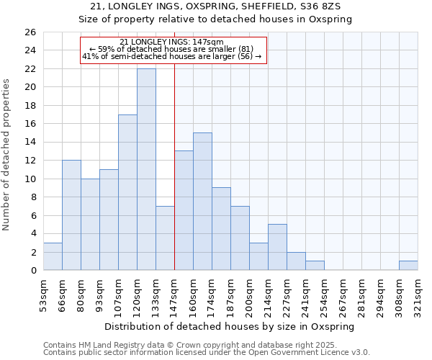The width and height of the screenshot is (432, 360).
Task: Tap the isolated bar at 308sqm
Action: coord(408,266)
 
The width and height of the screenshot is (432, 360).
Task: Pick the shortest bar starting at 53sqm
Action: coord(53,256)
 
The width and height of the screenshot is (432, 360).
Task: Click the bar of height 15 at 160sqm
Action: coord(202,202)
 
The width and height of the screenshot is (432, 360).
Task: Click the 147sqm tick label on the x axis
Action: coord(175,294)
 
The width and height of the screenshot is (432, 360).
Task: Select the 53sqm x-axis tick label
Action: coord(44,294)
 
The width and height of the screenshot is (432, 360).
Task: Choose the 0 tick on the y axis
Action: coord(32,271)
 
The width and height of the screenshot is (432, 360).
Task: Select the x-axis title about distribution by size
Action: coord(230,326)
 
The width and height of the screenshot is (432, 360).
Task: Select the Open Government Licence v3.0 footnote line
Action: coord(207,352)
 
